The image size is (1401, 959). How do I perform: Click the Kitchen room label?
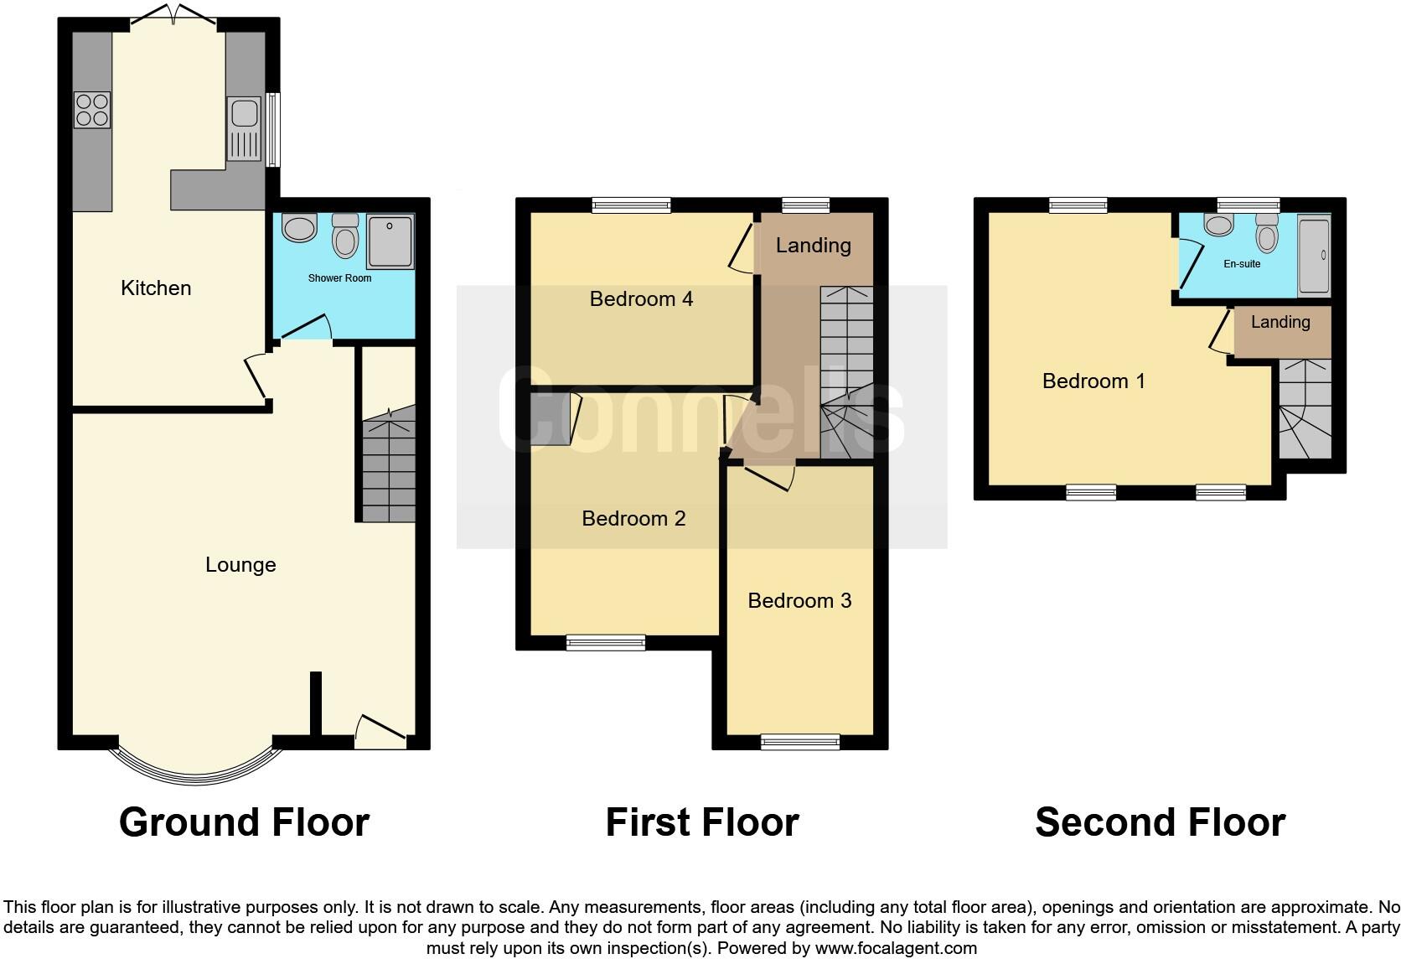click(156, 288)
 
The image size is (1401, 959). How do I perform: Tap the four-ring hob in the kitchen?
click(92, 110)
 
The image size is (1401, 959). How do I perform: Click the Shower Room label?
click(339, 278)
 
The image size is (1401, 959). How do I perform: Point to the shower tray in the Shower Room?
click(390, 242)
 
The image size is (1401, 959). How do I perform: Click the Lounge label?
click(240, 565)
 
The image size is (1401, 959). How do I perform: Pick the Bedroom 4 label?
click(641, 299)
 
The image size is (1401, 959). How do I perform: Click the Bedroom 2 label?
click(633, 519)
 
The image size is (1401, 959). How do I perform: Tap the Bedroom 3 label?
click(799, 601)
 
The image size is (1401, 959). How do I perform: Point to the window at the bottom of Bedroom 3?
click(799, 741)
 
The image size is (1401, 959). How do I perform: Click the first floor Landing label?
click(813, 246)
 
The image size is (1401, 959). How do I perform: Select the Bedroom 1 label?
click(1093, 381)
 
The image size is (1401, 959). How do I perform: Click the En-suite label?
click(1242, 264)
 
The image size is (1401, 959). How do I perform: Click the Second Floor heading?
click(1160, 822)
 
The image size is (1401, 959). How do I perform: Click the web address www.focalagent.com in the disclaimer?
click(896, 949)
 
